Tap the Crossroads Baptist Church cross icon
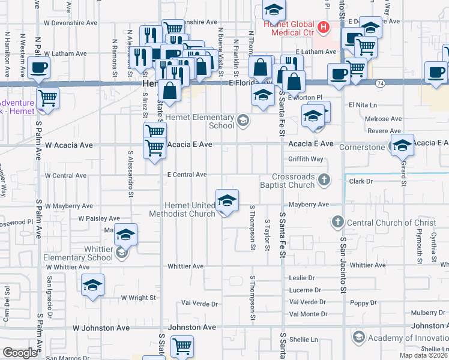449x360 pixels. pos(324,179)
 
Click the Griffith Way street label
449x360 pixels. pos(306,159)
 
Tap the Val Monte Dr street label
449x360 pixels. pos(308,314)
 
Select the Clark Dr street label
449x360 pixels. pos(360,181)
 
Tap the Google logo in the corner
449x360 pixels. pos(20,353)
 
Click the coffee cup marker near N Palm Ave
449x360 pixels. pos(39,69)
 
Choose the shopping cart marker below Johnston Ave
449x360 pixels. pos(182,346)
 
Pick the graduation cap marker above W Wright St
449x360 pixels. pos(93,284)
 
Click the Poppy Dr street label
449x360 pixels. pos(364,303)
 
